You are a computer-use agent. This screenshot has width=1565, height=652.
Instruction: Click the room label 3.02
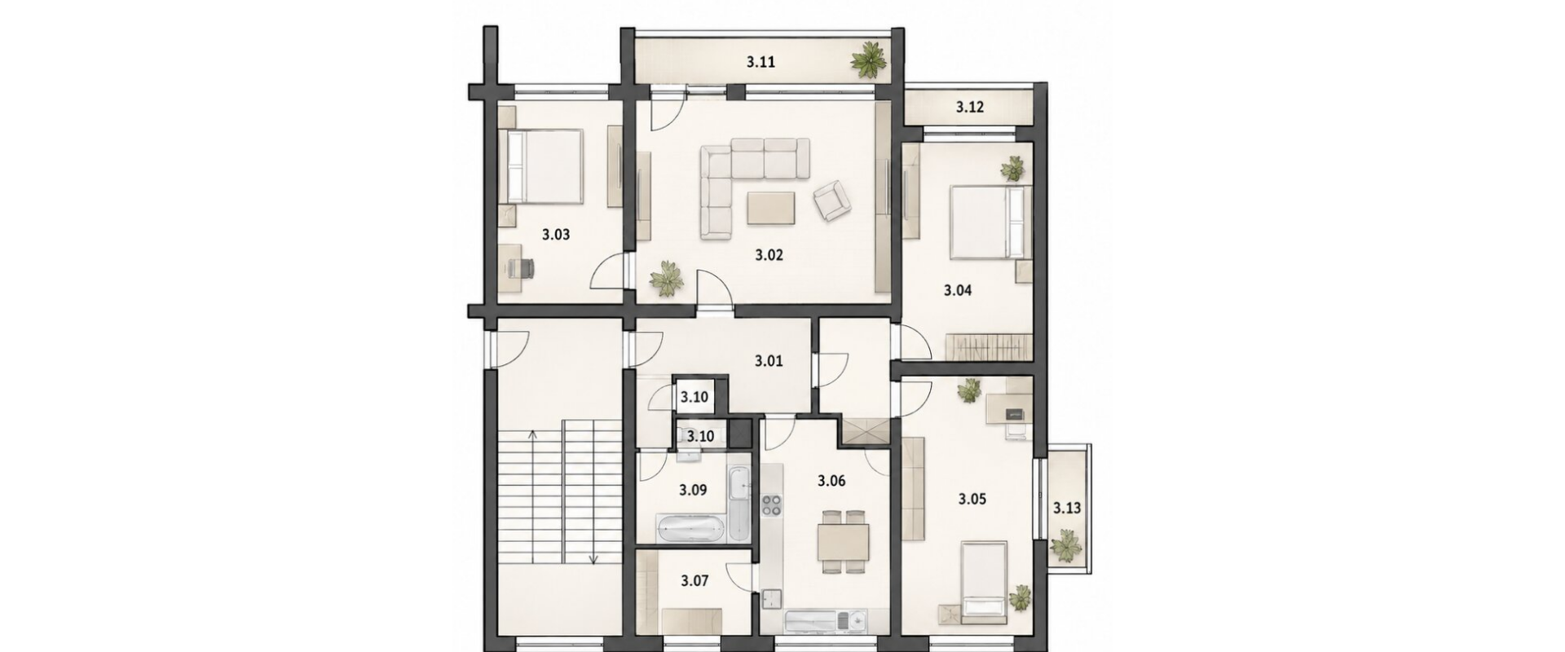point(769,255)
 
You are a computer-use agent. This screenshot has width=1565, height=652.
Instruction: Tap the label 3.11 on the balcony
point(761,61)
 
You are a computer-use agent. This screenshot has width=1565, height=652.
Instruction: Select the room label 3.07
point(694,581)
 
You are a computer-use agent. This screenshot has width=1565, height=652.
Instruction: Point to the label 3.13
point(1066,509)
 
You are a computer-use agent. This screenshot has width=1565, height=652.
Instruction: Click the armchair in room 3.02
point(831,200)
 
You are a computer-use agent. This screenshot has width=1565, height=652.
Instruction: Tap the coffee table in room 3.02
point(772,207)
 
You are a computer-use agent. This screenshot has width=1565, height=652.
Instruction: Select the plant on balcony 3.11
point(869,59)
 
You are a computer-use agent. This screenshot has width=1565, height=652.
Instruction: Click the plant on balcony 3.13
point(1065,546)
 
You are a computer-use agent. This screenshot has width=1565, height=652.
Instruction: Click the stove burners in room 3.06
point(771,505)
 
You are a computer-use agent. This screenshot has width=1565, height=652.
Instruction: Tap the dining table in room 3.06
point(844,541)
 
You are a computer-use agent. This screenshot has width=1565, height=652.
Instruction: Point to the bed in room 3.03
point(541,167)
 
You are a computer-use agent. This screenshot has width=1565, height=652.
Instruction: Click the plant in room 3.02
point(668,279)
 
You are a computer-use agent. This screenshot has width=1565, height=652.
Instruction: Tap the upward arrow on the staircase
point(532,497)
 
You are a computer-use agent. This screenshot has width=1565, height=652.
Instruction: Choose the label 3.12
point(970,107)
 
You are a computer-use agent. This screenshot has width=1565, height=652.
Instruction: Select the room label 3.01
point(769,360)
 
